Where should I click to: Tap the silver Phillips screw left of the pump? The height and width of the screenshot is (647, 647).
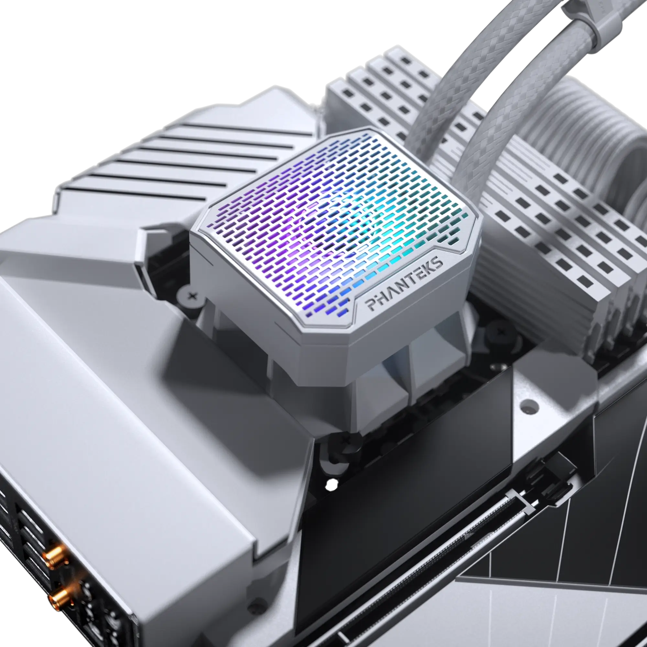(x=192, y=296)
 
